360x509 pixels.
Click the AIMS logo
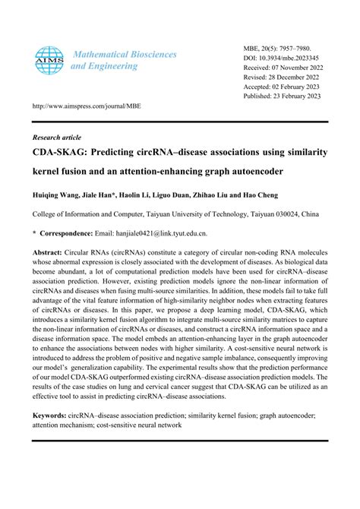(48, 60)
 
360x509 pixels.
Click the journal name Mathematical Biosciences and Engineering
(123, 60)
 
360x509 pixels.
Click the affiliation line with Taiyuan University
(180, 214)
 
